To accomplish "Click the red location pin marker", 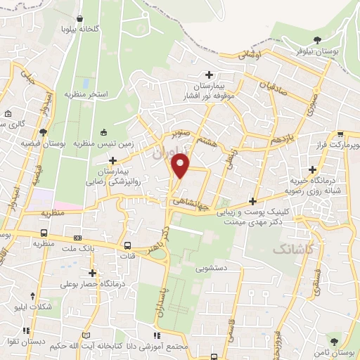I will [x=181, y=165].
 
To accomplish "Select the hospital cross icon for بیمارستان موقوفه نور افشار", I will [x=208, y=75].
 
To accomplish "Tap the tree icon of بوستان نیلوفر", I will [x=319, y=39].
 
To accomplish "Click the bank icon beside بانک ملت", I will [x=77, y=238].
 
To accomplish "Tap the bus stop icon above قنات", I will [x=127, y=245].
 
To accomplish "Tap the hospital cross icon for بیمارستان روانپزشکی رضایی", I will [x=112, y=161].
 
